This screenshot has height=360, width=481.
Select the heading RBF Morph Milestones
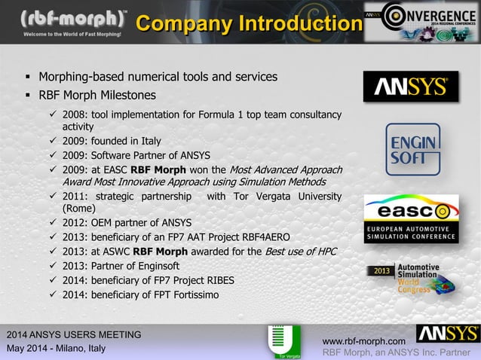coord(97,96)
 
